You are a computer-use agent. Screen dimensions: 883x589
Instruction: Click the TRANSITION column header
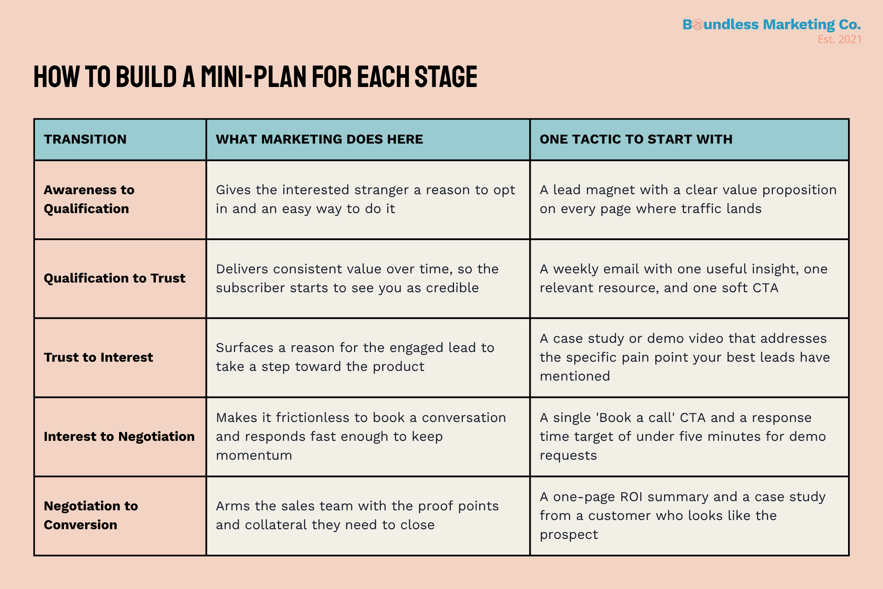(85, 139)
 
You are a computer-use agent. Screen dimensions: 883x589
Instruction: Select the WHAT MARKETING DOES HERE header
(319, 139)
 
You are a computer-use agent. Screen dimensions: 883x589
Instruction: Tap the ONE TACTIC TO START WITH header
(636, 139)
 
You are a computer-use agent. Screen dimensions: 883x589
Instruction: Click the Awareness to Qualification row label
(89, 199)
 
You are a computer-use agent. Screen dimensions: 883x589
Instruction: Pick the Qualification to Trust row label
(115, 278)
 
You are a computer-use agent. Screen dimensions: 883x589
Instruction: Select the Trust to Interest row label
(98, 358)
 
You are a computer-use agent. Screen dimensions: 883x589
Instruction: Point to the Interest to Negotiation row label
(119, 437)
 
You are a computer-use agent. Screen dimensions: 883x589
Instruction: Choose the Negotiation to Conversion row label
(91, 515)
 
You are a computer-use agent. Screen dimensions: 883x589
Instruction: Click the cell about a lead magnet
(688, 199)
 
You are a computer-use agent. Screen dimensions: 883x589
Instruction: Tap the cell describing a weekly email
(683, 278)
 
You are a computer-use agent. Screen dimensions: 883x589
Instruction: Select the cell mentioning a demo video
(684, 358)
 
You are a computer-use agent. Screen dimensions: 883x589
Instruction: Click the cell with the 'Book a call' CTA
(682, 437)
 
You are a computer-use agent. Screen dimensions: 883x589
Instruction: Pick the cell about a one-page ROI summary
(682, 515)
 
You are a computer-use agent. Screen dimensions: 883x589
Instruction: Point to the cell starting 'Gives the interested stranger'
(365, 199)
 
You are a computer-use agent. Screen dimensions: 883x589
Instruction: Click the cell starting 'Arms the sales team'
(357, 515)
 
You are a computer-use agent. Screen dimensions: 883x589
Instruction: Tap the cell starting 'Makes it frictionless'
(361, 437)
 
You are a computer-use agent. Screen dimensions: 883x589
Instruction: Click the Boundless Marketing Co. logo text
(771, 24)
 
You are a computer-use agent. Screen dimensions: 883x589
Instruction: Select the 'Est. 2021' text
(839, 40)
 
